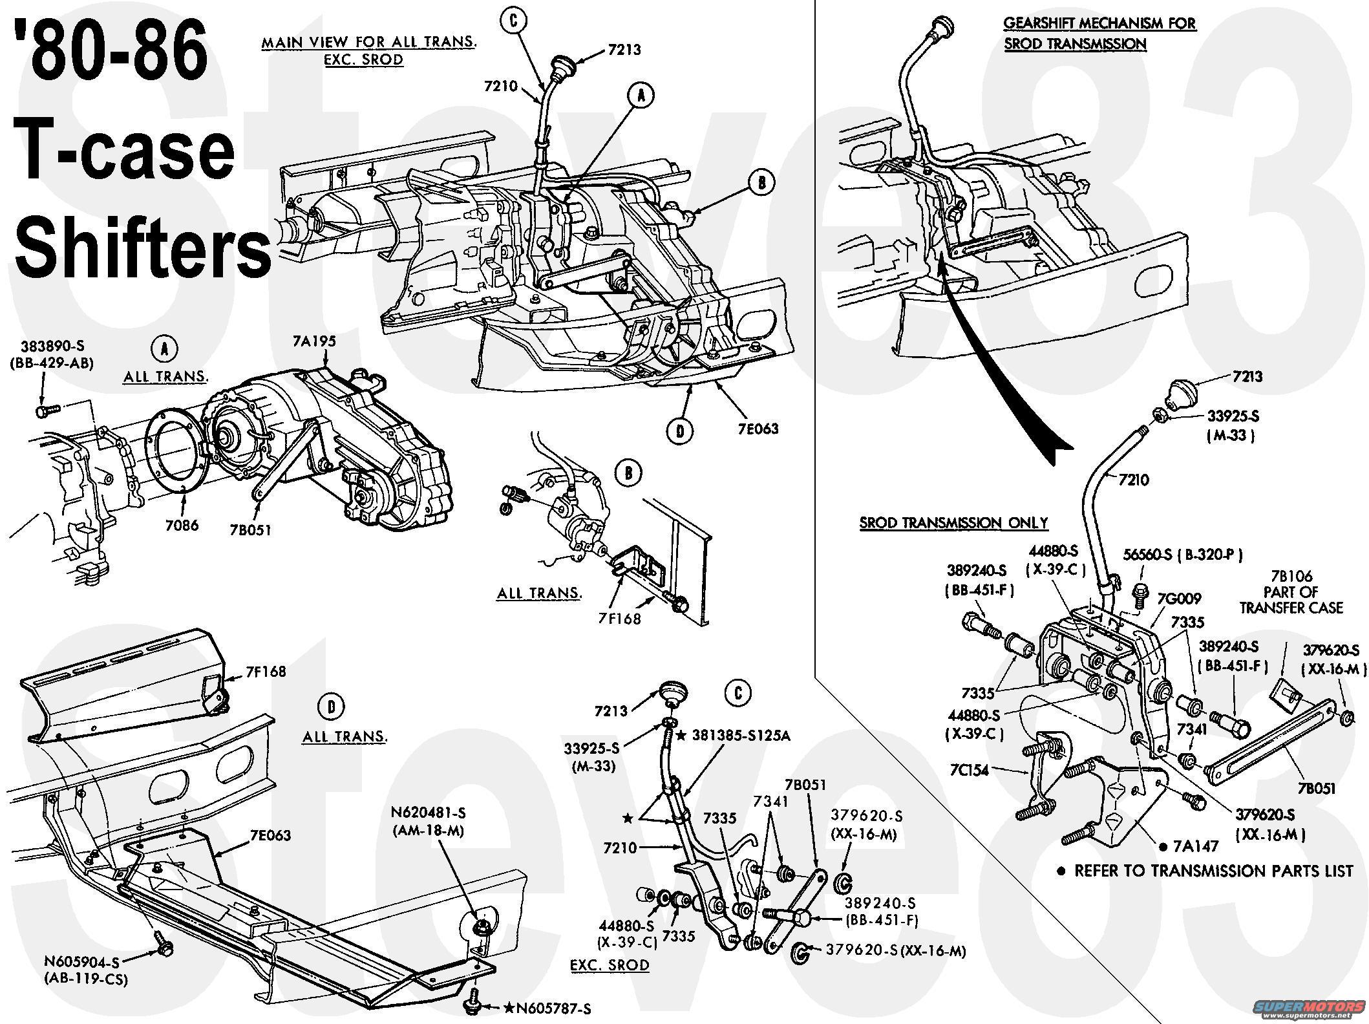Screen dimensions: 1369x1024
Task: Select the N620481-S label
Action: point(428,811)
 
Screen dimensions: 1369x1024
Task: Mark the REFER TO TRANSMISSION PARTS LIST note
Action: point(1205,870)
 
